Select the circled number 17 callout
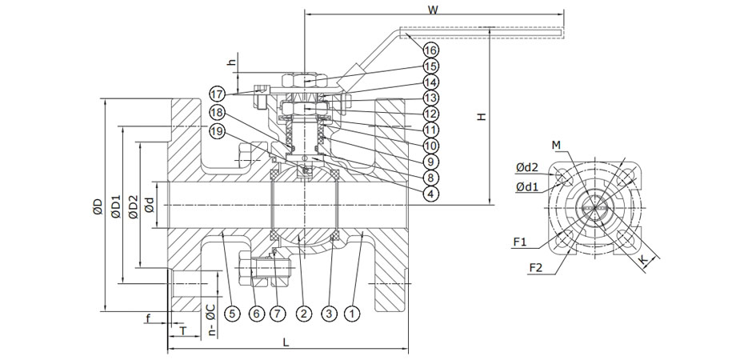point(218,94)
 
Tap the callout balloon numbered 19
point(218,130)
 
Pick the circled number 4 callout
point(430,193)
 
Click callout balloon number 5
point(232,314)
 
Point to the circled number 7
point(256,314)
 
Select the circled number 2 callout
point(303,314)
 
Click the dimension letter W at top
point(432,11)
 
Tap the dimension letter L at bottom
point(286,342)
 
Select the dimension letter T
point(182,330)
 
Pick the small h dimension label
point(231,62)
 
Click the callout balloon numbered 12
point(430,114)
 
